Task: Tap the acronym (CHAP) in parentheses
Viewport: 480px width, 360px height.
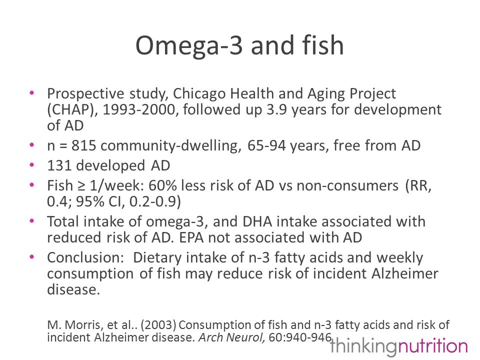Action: tap(72, 110)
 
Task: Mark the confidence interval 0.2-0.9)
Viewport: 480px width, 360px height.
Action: tap(155, 201)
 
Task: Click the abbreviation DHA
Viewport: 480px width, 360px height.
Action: tap(257, 221)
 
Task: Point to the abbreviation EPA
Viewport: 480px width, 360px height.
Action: tap(191, 237)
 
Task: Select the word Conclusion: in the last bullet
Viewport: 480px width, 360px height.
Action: tap(85, 257)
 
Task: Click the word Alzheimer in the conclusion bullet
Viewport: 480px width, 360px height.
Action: tap(404, 273)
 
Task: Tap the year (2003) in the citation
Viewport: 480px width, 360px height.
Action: tap(158, 325)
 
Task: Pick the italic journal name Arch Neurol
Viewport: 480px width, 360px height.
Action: tap(231, 337)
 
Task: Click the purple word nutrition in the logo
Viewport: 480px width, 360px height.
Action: tap(432, 346)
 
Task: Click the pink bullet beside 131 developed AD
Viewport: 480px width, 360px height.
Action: tap(32, 165)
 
